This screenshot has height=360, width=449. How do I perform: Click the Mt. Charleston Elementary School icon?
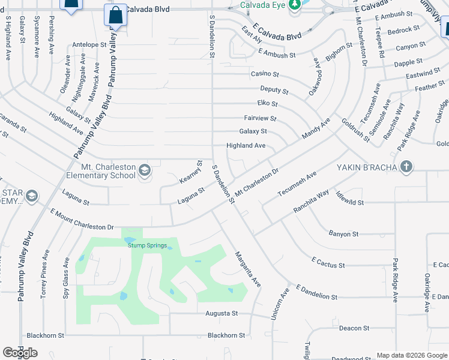(145, 171)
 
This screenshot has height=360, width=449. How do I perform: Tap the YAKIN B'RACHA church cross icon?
(406, 166)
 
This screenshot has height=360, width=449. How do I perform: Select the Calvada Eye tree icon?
(294, 5)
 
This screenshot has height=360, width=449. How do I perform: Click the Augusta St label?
(221, 313)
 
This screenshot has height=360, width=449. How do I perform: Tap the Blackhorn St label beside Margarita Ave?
(226, 335)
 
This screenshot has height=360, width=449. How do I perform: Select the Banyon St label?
(343, 233)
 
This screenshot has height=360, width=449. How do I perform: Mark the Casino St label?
(265, 74)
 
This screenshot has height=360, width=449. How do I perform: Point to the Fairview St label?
(260, 119)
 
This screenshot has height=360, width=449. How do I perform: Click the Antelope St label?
(89, 44)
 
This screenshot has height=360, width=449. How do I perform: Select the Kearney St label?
(191, 172)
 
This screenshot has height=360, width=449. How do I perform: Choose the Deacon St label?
(354, 328)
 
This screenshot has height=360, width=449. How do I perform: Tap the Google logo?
(20, 353)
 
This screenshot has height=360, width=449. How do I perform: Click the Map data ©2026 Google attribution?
(411, 355)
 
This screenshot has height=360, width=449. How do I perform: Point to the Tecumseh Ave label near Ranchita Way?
(297, 185)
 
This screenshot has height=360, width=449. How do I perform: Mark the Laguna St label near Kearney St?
(191, 195)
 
